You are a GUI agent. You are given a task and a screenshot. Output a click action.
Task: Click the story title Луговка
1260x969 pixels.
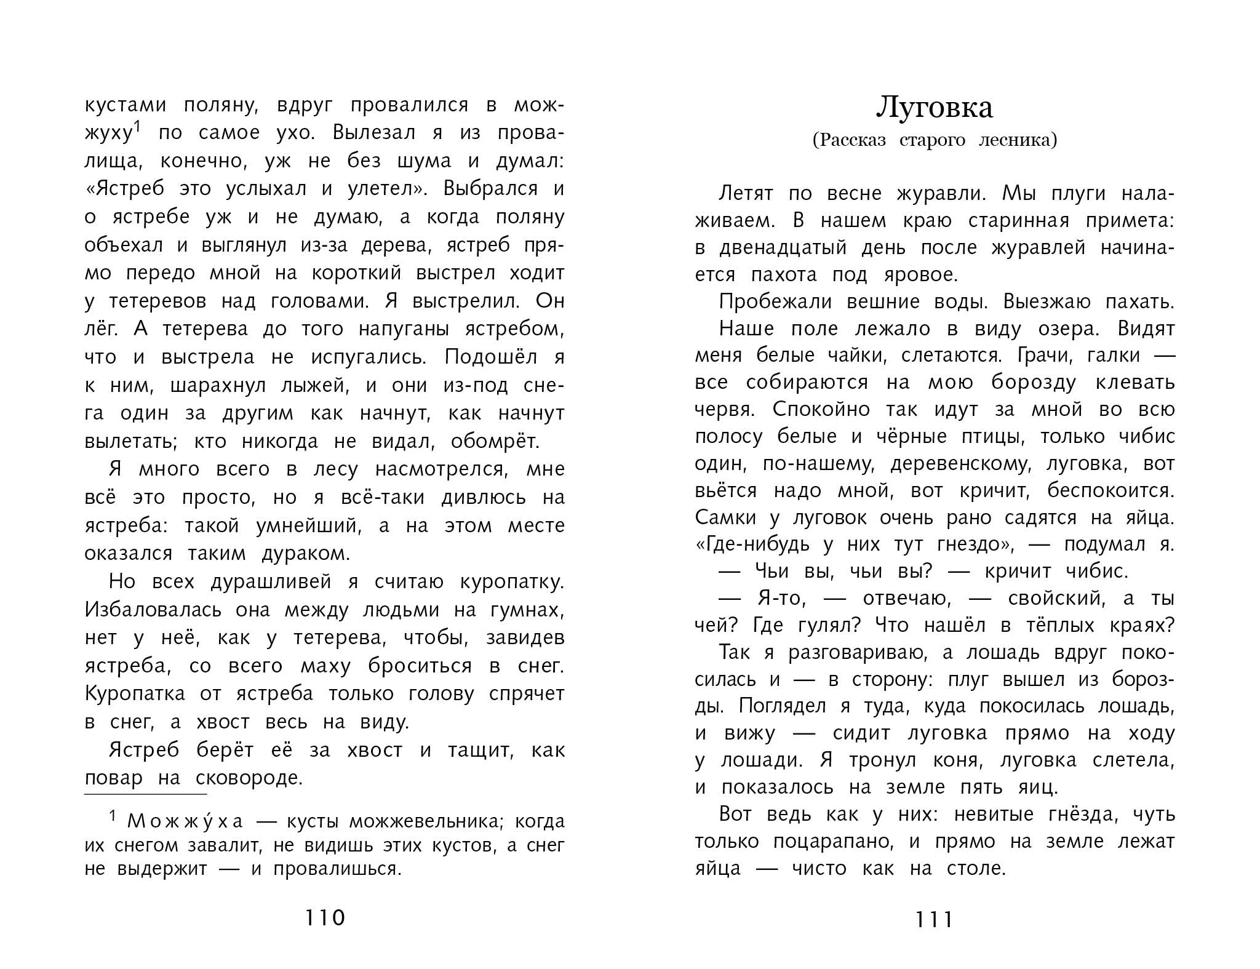(934, 108)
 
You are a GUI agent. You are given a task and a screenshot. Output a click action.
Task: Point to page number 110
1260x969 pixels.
(325, 918)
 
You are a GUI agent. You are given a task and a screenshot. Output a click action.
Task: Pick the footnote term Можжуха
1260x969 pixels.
(185, 821)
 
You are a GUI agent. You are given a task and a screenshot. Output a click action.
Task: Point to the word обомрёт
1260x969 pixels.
(495, 442)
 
